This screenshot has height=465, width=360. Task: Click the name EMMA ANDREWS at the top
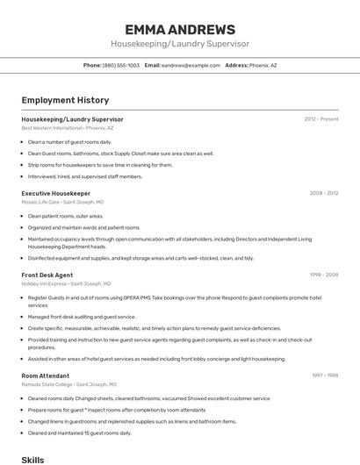[180, 29]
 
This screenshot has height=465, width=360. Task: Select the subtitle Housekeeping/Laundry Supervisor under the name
[180, 44]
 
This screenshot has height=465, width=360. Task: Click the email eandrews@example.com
[191, 65]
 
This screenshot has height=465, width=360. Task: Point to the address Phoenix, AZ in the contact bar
[263, 65]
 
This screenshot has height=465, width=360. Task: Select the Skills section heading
[32, 459]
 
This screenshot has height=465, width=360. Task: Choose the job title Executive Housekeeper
[55, 193]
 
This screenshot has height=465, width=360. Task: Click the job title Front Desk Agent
[47, 275]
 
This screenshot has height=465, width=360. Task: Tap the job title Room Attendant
[45, 375]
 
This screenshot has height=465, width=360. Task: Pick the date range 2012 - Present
[321, 118]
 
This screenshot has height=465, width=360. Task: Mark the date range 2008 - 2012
[323, 193]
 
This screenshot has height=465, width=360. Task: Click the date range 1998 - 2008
[324, 275]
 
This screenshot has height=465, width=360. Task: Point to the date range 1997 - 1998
[325, 375]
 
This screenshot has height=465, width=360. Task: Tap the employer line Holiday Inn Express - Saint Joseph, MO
[66, 283]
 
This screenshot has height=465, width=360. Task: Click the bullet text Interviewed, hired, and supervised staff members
[84, 176]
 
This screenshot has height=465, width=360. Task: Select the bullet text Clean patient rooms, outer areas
[65, 216]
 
